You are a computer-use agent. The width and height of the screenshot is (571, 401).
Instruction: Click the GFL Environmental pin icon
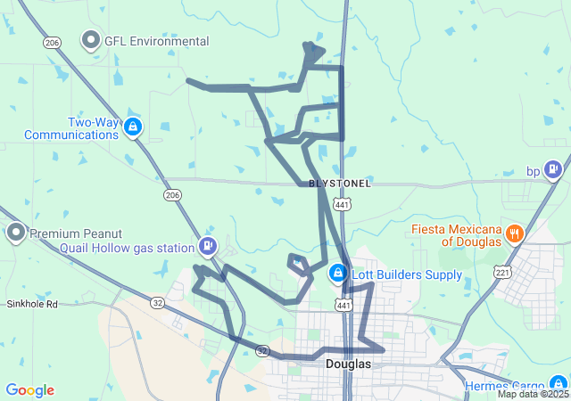point(91,40)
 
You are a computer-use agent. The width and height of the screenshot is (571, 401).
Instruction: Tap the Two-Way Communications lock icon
point(133,127)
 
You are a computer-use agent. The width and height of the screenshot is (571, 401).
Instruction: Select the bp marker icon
point(554,168)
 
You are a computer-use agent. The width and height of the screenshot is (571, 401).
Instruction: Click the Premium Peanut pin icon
point(16,233)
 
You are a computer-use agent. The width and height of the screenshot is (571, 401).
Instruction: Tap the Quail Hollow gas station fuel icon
point(208,245)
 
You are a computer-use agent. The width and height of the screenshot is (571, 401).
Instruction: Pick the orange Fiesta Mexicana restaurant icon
point(514,234)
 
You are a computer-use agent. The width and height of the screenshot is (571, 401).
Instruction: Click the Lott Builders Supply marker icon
point(338,273)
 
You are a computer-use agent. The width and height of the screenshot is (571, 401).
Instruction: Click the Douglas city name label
point(347,364)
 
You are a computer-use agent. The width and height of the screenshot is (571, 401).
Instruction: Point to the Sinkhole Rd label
point(32,304)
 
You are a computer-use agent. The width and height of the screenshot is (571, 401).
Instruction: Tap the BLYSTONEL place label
point(339,183)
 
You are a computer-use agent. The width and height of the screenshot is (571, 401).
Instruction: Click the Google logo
point(29,390)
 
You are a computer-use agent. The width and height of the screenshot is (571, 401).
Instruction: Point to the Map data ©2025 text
point(533,394)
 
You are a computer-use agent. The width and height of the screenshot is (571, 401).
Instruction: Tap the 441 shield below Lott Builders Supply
point(343,306)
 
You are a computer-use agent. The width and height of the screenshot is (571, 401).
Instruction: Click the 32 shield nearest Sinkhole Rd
point(157,303)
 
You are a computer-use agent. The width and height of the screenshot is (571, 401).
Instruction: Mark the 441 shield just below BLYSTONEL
point(342,204)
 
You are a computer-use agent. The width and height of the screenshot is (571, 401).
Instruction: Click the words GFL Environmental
point(157,41)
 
